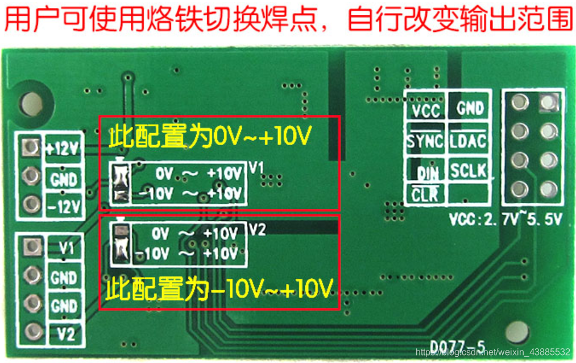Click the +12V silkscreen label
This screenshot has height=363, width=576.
coord(64,150)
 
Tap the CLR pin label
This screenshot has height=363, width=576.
coord(424,195)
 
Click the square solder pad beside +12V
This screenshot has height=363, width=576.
coord(29,148)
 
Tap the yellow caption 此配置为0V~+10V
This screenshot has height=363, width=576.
coord(211,137)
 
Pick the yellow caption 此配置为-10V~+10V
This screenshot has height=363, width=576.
coord(219,290)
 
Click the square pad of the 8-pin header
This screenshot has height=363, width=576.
coord(548,102)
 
